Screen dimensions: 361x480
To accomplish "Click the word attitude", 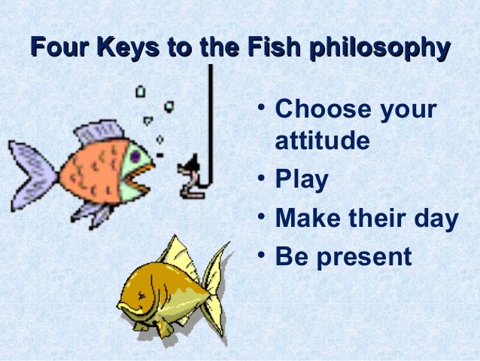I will [323, 141].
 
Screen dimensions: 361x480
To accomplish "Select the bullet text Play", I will [302, 180].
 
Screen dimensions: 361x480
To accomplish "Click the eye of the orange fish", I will [135, 156].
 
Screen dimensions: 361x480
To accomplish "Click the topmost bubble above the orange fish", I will [140, 91].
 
